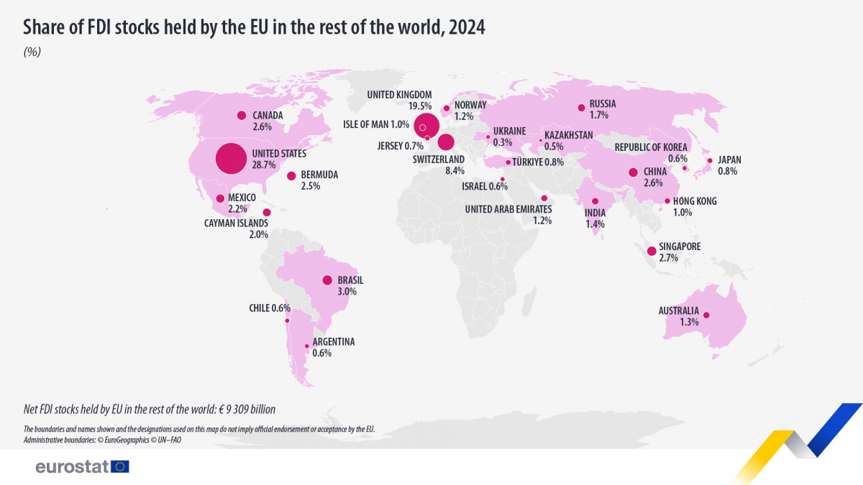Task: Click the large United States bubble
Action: click(x=231, y=159)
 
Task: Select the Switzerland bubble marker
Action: click(x=446, y=142)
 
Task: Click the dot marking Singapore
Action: click(x=652, y=251)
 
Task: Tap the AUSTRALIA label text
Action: click(x=678, y=311)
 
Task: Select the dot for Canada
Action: click(x=242, y=115)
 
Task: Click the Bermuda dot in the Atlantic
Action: click(x=291, y=175)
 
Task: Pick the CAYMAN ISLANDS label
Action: click(x=236, y=223)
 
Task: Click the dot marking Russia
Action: click(x=581, y=108)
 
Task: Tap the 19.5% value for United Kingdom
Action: click(x=419, y=106)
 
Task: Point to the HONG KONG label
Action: click(x=696, y=201)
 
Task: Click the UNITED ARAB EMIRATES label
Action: click(x=508, y=209)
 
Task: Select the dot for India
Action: click(x=595, y=201)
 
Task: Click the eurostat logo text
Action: click(x=72, y=467)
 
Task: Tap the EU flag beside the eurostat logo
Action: click(x=120, y=466)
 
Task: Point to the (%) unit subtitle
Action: click(x=32, y=52)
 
